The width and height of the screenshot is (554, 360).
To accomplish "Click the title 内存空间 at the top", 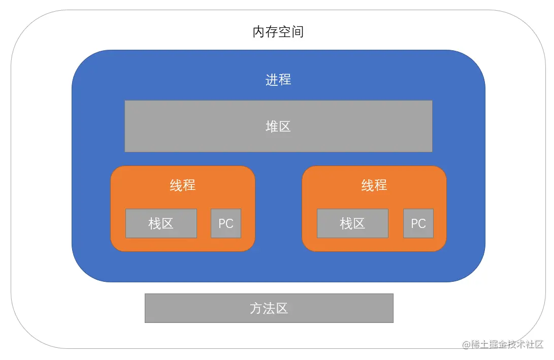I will [x=278, y=32].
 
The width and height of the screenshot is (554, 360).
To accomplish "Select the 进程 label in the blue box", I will [x=278, y=80].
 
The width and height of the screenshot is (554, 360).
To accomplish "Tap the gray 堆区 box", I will [x=278, y=126].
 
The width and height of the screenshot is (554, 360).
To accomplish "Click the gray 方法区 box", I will [x=269, y=308].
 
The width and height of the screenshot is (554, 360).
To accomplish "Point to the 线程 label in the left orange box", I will [x=182, y=185].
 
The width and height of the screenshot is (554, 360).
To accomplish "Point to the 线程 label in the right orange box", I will [x=374, y=185].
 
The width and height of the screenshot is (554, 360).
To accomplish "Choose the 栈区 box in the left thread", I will [x=161, y=223].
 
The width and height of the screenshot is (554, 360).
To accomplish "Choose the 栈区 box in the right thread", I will [x=352, y=223].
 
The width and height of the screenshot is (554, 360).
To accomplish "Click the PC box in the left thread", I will [x=226, y=223].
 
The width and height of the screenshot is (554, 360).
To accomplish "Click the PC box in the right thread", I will [x=418, y=223].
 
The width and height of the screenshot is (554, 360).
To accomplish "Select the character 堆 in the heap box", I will [x=272, y=126].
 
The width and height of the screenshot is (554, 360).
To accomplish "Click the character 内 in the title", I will [x=259, y=32].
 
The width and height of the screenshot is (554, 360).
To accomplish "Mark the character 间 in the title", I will [x=298, y=32].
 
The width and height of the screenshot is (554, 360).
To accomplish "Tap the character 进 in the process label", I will [x=272, y=80].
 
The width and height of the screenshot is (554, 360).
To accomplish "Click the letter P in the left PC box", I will [x=222, y=223].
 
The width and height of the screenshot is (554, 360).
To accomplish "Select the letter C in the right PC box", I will [x=422, y=223].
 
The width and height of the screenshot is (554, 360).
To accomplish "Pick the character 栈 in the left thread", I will [x=154, y=223].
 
